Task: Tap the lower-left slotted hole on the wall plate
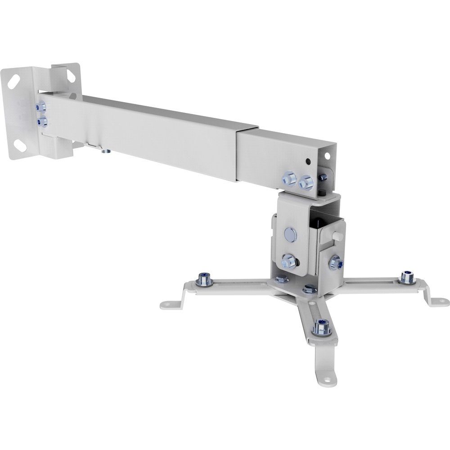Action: pos(20,144)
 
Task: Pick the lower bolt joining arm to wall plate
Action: pos(43,121)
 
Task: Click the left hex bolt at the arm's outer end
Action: pos(288,178)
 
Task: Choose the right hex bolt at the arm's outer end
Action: pos(306,182)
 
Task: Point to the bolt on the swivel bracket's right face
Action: pos(335,262)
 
